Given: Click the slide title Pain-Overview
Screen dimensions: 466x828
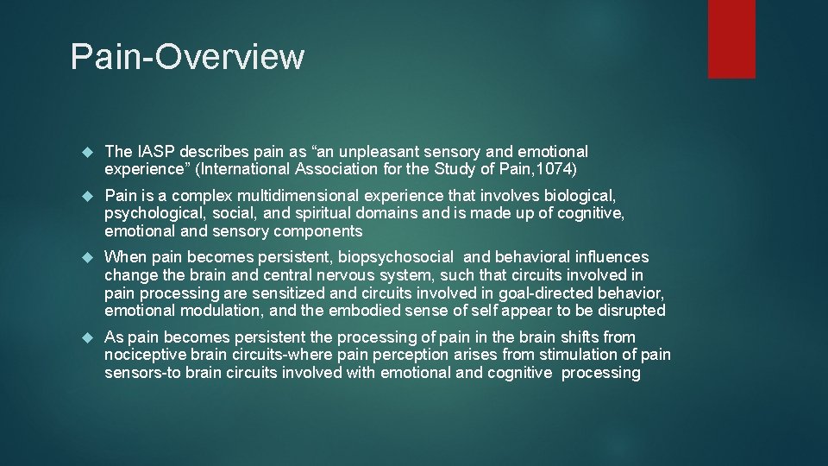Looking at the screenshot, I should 187,57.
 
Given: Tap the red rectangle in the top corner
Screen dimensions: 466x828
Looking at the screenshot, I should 731,39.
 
